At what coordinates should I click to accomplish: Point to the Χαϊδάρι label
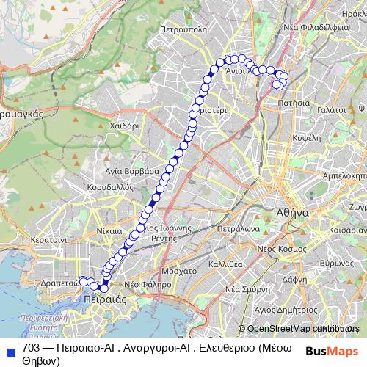(x=124, y=126)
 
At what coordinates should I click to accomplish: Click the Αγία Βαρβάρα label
(x=132, y=170)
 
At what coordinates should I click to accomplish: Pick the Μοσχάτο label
(x=179, y=270)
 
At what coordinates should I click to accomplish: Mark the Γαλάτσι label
(x=331, y=107)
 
